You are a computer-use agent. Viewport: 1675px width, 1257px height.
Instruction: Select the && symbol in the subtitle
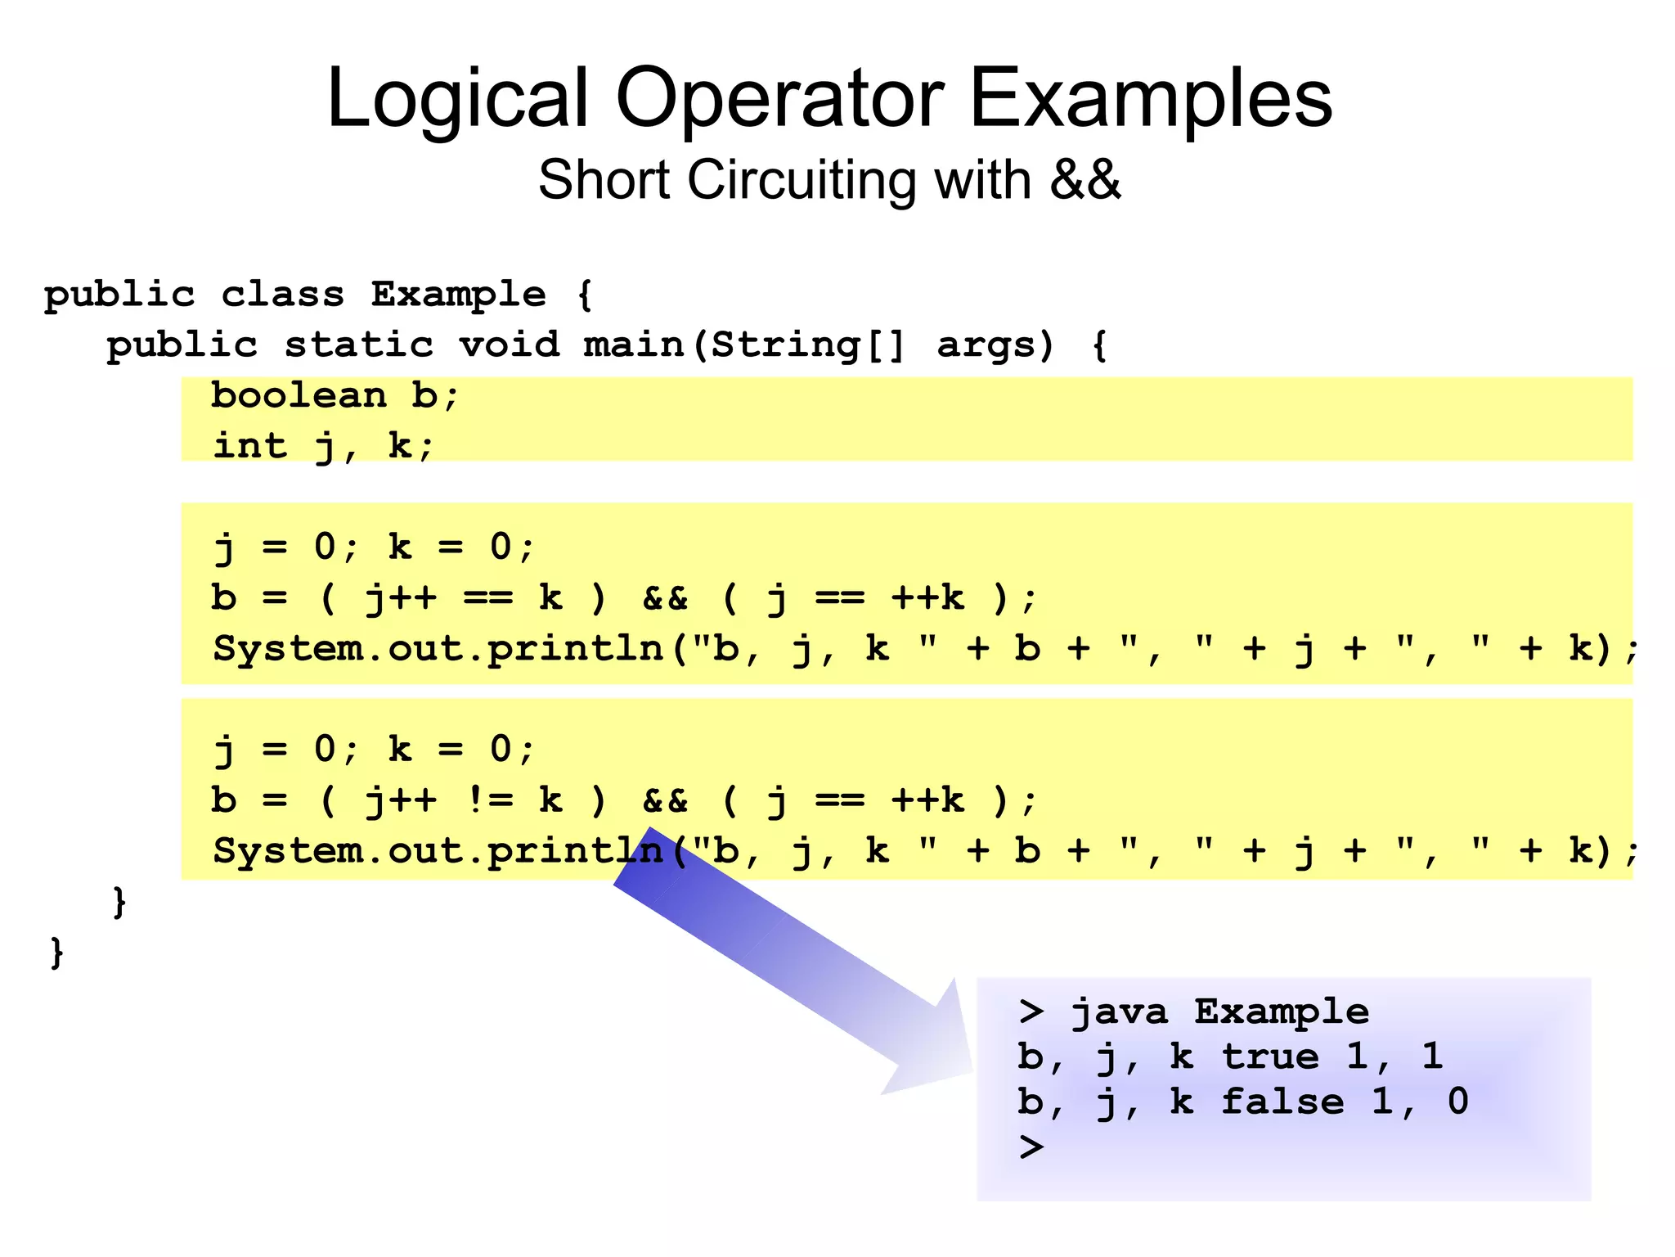[x=1084, y=180]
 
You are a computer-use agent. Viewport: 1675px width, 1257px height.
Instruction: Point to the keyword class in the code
[x=282, y=295]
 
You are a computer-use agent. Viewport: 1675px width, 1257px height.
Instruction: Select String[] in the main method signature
[x=807, y=345]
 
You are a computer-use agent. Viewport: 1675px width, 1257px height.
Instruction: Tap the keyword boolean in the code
[x=299, y=396]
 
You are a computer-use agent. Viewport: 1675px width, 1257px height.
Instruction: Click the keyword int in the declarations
[x=250, y=446]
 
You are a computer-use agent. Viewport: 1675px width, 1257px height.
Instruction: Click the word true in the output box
[x=1270, y=1057]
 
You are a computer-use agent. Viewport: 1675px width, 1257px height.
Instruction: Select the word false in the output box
[x=1282, y=1102]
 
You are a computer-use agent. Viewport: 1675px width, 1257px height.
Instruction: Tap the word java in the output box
[x=1119, y=1012]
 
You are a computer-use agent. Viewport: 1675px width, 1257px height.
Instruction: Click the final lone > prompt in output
[x=1031, y=1147]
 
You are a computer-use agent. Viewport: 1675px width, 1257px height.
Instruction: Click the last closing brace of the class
[x=56, y=953]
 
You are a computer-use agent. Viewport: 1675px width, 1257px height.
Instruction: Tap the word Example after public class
[x=458, y=295]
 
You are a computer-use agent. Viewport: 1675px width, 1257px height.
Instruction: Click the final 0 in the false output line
[x=1457, y=1102]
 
